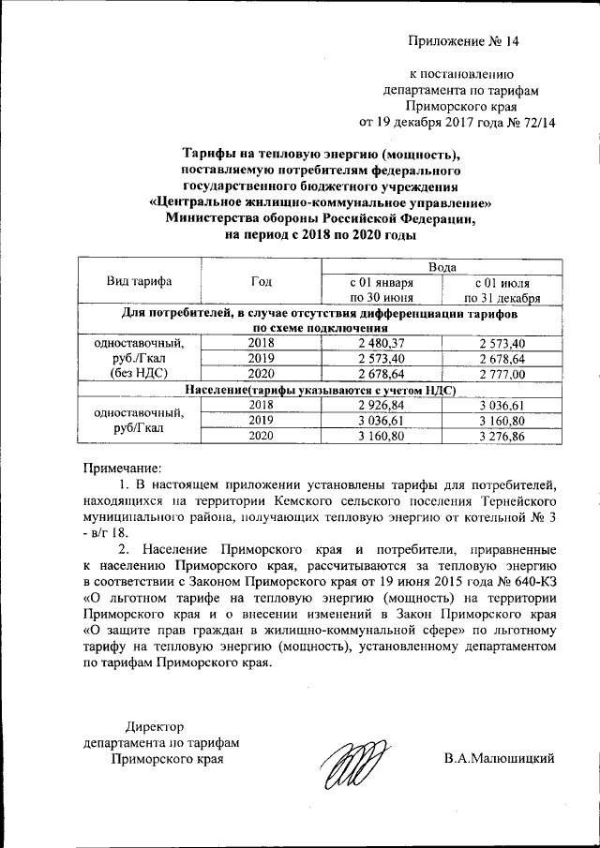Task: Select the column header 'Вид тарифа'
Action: tap(140, 281)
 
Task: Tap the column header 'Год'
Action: tap(262, 281)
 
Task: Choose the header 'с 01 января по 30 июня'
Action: tap(381, 289)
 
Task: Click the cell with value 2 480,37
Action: tap(381, 343)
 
